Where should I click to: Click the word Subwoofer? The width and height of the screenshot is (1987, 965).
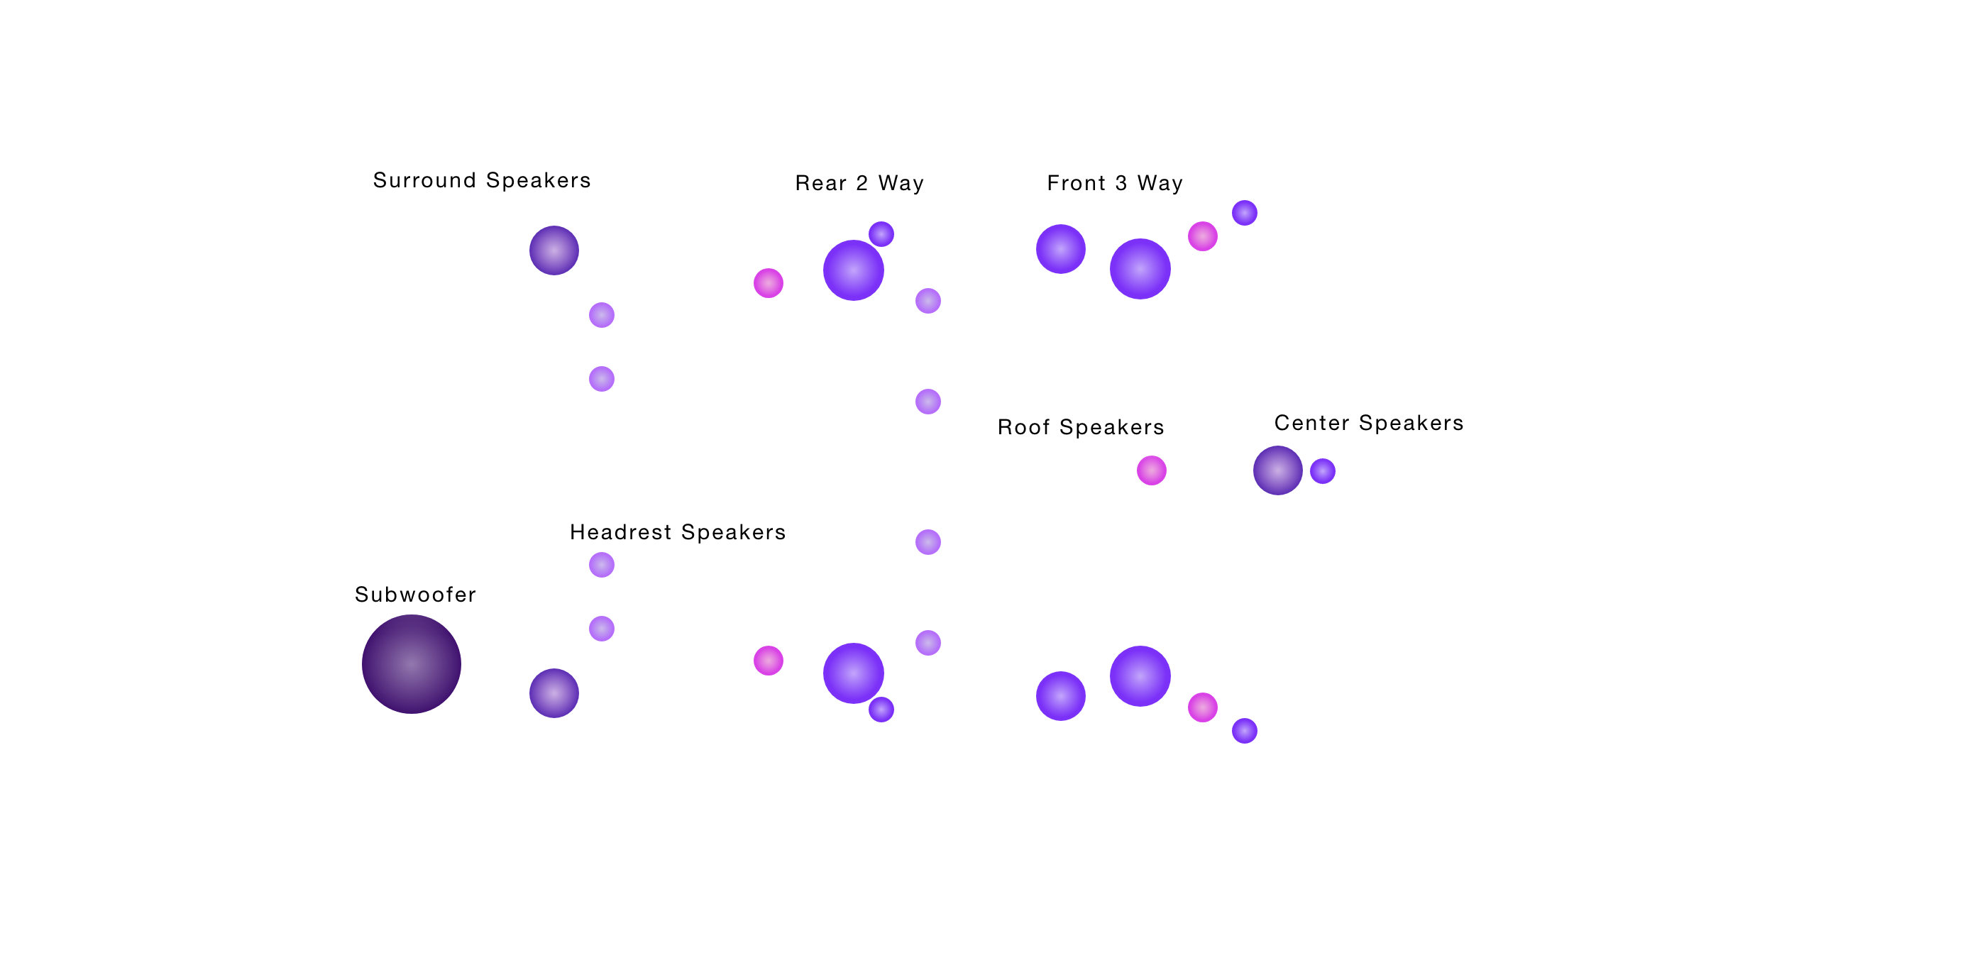[415, 595]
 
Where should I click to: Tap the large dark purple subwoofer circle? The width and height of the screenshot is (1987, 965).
[411, 664]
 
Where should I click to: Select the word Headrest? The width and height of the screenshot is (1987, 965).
[620, 532]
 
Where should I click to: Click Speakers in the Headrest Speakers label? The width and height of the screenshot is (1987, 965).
[733, 532]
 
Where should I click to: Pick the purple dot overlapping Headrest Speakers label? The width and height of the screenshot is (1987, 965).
[602, 565]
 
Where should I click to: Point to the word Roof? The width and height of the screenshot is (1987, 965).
[1023, 427]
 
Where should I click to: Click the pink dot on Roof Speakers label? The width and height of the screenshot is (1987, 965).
[1151, 470]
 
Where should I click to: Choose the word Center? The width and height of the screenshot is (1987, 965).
[1311, 423]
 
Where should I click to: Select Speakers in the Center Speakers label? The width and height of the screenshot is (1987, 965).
[1411, 423]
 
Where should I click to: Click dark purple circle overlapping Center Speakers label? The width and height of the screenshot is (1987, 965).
[1277, 470]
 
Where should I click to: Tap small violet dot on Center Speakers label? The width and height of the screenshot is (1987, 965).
[1322, 470]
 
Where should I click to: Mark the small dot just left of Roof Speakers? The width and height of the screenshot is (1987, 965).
[928, 402]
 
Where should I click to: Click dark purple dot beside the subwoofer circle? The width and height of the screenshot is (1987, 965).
[554, 693]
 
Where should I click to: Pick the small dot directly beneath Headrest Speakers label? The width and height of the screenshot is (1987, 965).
[602, 629]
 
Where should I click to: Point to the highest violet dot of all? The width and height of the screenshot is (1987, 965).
[1244, 213]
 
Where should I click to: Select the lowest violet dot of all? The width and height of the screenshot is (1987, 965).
[1244, 731]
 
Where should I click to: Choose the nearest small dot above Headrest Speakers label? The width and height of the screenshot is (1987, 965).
[602, 379]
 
